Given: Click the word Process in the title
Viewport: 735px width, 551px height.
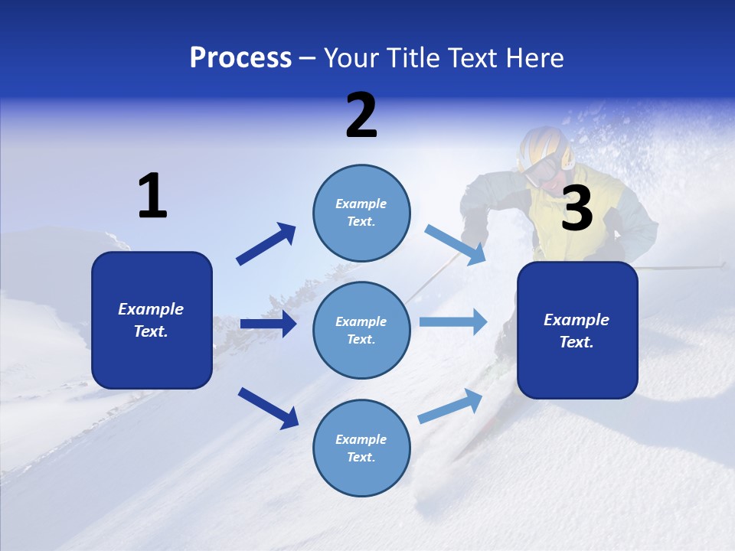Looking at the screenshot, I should (x=240, y=58).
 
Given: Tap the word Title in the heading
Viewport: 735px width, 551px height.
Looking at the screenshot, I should (x=414, y=58).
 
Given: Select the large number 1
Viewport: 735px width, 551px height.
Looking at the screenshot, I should (x=152, y=197).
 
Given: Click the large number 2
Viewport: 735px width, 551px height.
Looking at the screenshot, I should (x=361, y=116).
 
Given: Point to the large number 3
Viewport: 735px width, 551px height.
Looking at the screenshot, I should (x=577, y=209).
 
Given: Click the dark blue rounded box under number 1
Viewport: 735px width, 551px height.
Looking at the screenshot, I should (x=152, y=320).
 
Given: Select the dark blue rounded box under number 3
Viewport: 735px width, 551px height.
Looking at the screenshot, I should (x=577, y=330).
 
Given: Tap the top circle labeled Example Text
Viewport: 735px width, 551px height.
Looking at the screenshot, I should (x=361, y=213).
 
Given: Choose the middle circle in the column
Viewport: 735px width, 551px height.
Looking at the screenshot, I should (x=361, y=330).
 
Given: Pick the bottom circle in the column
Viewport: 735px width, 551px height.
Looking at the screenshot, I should (x=361, y=448).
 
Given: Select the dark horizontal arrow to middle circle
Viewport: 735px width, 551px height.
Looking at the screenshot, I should (x=268, y=324).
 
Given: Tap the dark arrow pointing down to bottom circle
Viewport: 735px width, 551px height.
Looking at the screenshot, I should (x=268, y=407).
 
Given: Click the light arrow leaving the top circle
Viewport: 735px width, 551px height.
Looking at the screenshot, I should (x=455, y=244).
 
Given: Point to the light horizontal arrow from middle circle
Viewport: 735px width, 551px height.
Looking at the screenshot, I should (x=453, y=322).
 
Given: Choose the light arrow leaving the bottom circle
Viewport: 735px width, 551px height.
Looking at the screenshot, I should (x=451, y=406).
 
